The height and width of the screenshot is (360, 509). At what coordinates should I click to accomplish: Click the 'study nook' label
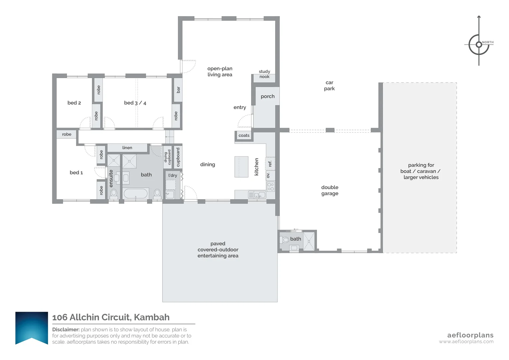[264, 74]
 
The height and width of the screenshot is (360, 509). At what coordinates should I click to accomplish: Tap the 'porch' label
[267, 96]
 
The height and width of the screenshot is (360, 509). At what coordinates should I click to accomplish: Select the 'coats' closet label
[244, 135]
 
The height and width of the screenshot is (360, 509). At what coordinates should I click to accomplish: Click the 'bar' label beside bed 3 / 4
[178, 90]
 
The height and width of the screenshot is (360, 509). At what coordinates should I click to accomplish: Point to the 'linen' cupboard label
[127, 148]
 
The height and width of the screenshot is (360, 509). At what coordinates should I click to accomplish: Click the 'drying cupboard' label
[167, 157]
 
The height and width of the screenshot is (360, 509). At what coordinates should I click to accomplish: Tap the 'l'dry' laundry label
[173, 175]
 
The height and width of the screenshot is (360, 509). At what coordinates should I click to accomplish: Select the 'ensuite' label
[111, 178]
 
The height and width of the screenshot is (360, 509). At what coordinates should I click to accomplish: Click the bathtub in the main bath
[136, 194]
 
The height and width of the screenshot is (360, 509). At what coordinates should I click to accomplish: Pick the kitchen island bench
[241, 167]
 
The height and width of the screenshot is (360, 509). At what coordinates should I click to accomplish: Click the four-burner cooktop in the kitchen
[270, 187]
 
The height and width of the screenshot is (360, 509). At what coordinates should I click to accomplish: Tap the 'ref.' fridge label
[270, 164]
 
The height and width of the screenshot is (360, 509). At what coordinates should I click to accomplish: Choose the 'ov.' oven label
[268, 175]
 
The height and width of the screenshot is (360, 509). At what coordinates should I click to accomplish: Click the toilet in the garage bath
[285, 240]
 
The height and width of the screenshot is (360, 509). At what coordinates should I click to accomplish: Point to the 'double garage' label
[330, 190]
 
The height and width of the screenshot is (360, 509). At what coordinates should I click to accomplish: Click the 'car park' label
[329, 86]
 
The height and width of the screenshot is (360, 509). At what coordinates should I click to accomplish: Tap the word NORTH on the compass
[488, 42]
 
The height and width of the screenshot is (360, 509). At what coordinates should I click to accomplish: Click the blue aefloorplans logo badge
[32, 328]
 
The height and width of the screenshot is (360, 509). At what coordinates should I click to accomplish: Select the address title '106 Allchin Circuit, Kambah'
[111, 317]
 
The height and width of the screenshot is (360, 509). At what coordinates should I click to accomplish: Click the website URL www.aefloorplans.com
[466, 342]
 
